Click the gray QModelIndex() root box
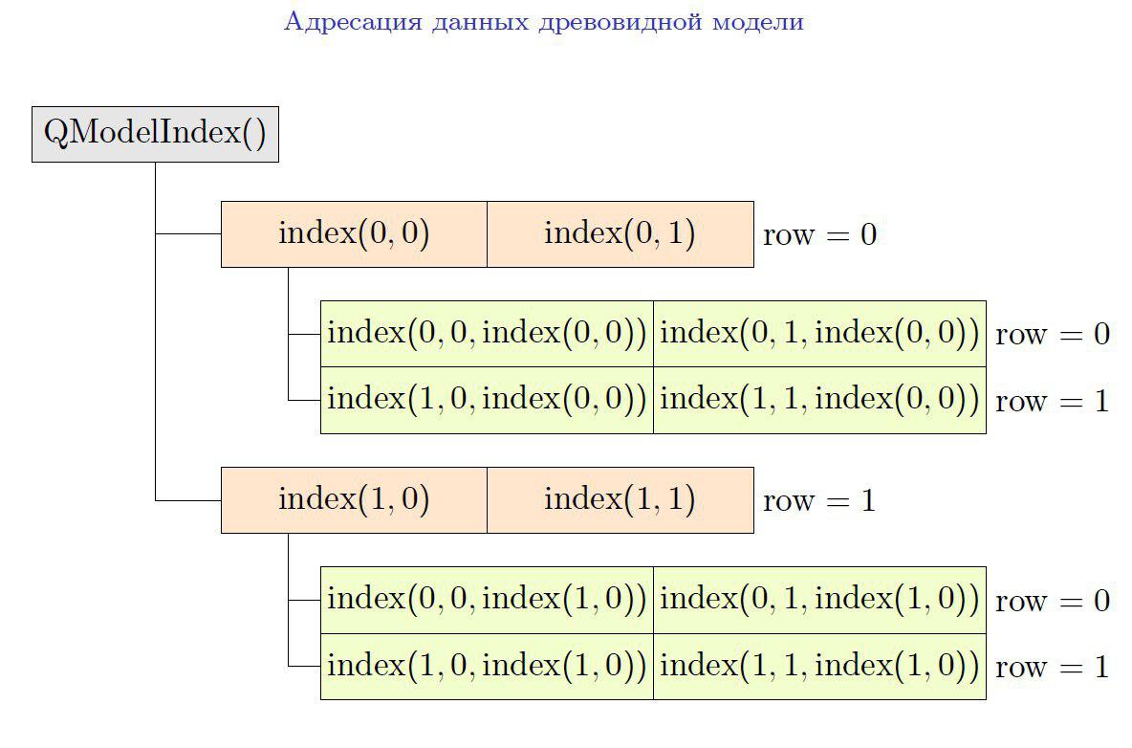155,134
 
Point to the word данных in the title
477,22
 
